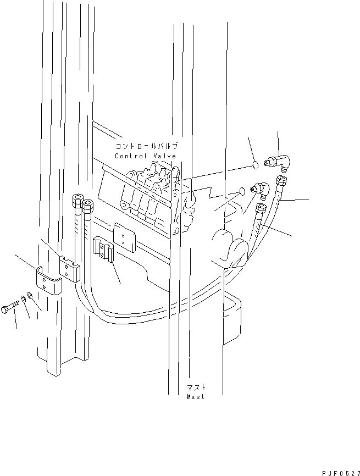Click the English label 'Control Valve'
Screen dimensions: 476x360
pyautogui.click(x=145, y=156)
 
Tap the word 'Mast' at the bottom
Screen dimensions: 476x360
pyautogui.click(x=195, y=396)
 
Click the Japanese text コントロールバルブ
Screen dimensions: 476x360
pyautogui.click(x=146, y=147)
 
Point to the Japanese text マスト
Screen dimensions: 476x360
pyautogui.click(x=195, y=388)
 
